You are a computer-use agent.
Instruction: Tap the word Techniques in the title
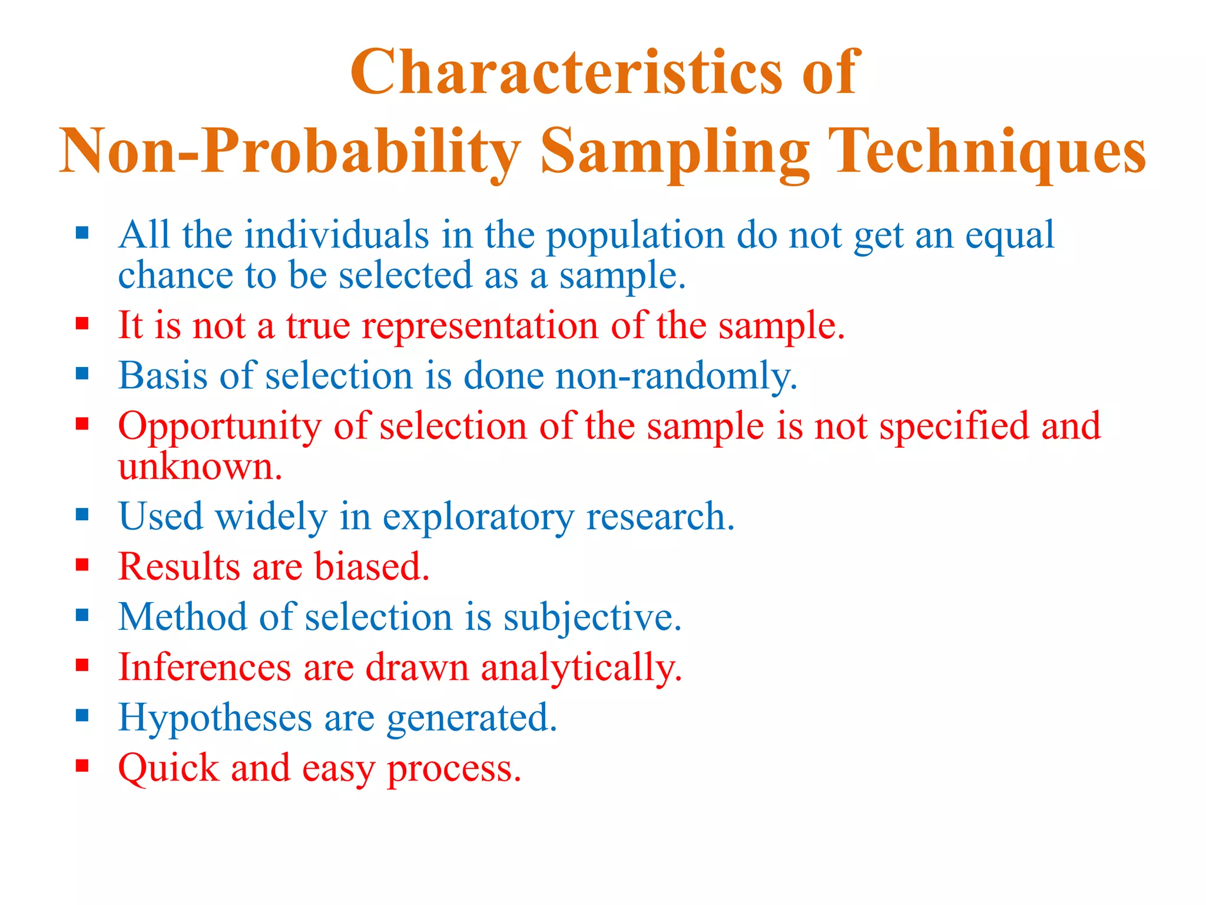(989, 151)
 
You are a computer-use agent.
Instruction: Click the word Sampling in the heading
(675, 153)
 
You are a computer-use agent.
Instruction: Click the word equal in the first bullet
(1009, 236)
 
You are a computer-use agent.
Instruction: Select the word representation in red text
(479, 325)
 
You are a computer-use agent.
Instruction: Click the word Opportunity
(220, 427)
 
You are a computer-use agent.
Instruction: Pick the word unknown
(200, 467)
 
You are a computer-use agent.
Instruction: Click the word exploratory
(478, 517)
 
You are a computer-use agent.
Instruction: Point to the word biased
(372, 567)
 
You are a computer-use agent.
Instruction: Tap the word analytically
(581, 668)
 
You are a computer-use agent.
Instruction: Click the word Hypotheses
(215, 719)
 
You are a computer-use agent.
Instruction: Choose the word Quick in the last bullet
(168, 769)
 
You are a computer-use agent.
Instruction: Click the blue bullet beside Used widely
(82, 515)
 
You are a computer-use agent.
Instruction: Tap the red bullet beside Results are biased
(82, 565)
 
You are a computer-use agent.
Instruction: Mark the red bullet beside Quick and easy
(82, 766)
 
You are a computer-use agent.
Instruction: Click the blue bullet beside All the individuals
(82, 233)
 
